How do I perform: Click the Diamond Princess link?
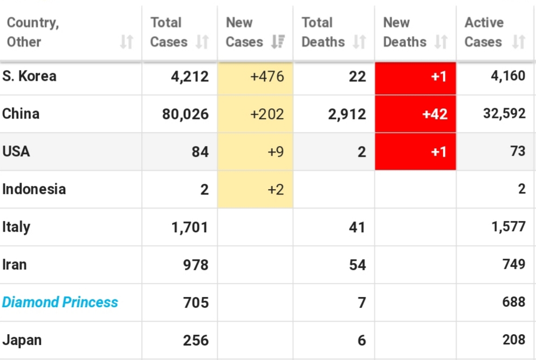point(60,302)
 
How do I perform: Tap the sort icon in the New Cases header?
point(278,41)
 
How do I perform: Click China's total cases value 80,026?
point(185,114)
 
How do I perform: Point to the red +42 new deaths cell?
point(415,114)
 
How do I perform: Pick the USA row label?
point(16,151)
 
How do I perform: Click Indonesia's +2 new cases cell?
point(256,189)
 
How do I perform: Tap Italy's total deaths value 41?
point(357,227)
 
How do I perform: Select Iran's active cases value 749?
point(514,264)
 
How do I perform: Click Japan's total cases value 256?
point(196,340)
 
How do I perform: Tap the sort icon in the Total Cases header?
point(202,41)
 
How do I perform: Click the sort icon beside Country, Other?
point(127,41)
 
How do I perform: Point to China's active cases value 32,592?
point(504,113)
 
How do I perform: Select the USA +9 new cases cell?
point(256,151)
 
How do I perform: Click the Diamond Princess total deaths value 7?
point(362,303)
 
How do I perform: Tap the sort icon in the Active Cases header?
point(519,41)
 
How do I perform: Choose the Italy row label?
point(16,227)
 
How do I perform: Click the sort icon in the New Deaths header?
point(441,41)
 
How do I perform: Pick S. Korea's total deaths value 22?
point(357,77)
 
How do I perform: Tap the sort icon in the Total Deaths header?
point(359,41)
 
